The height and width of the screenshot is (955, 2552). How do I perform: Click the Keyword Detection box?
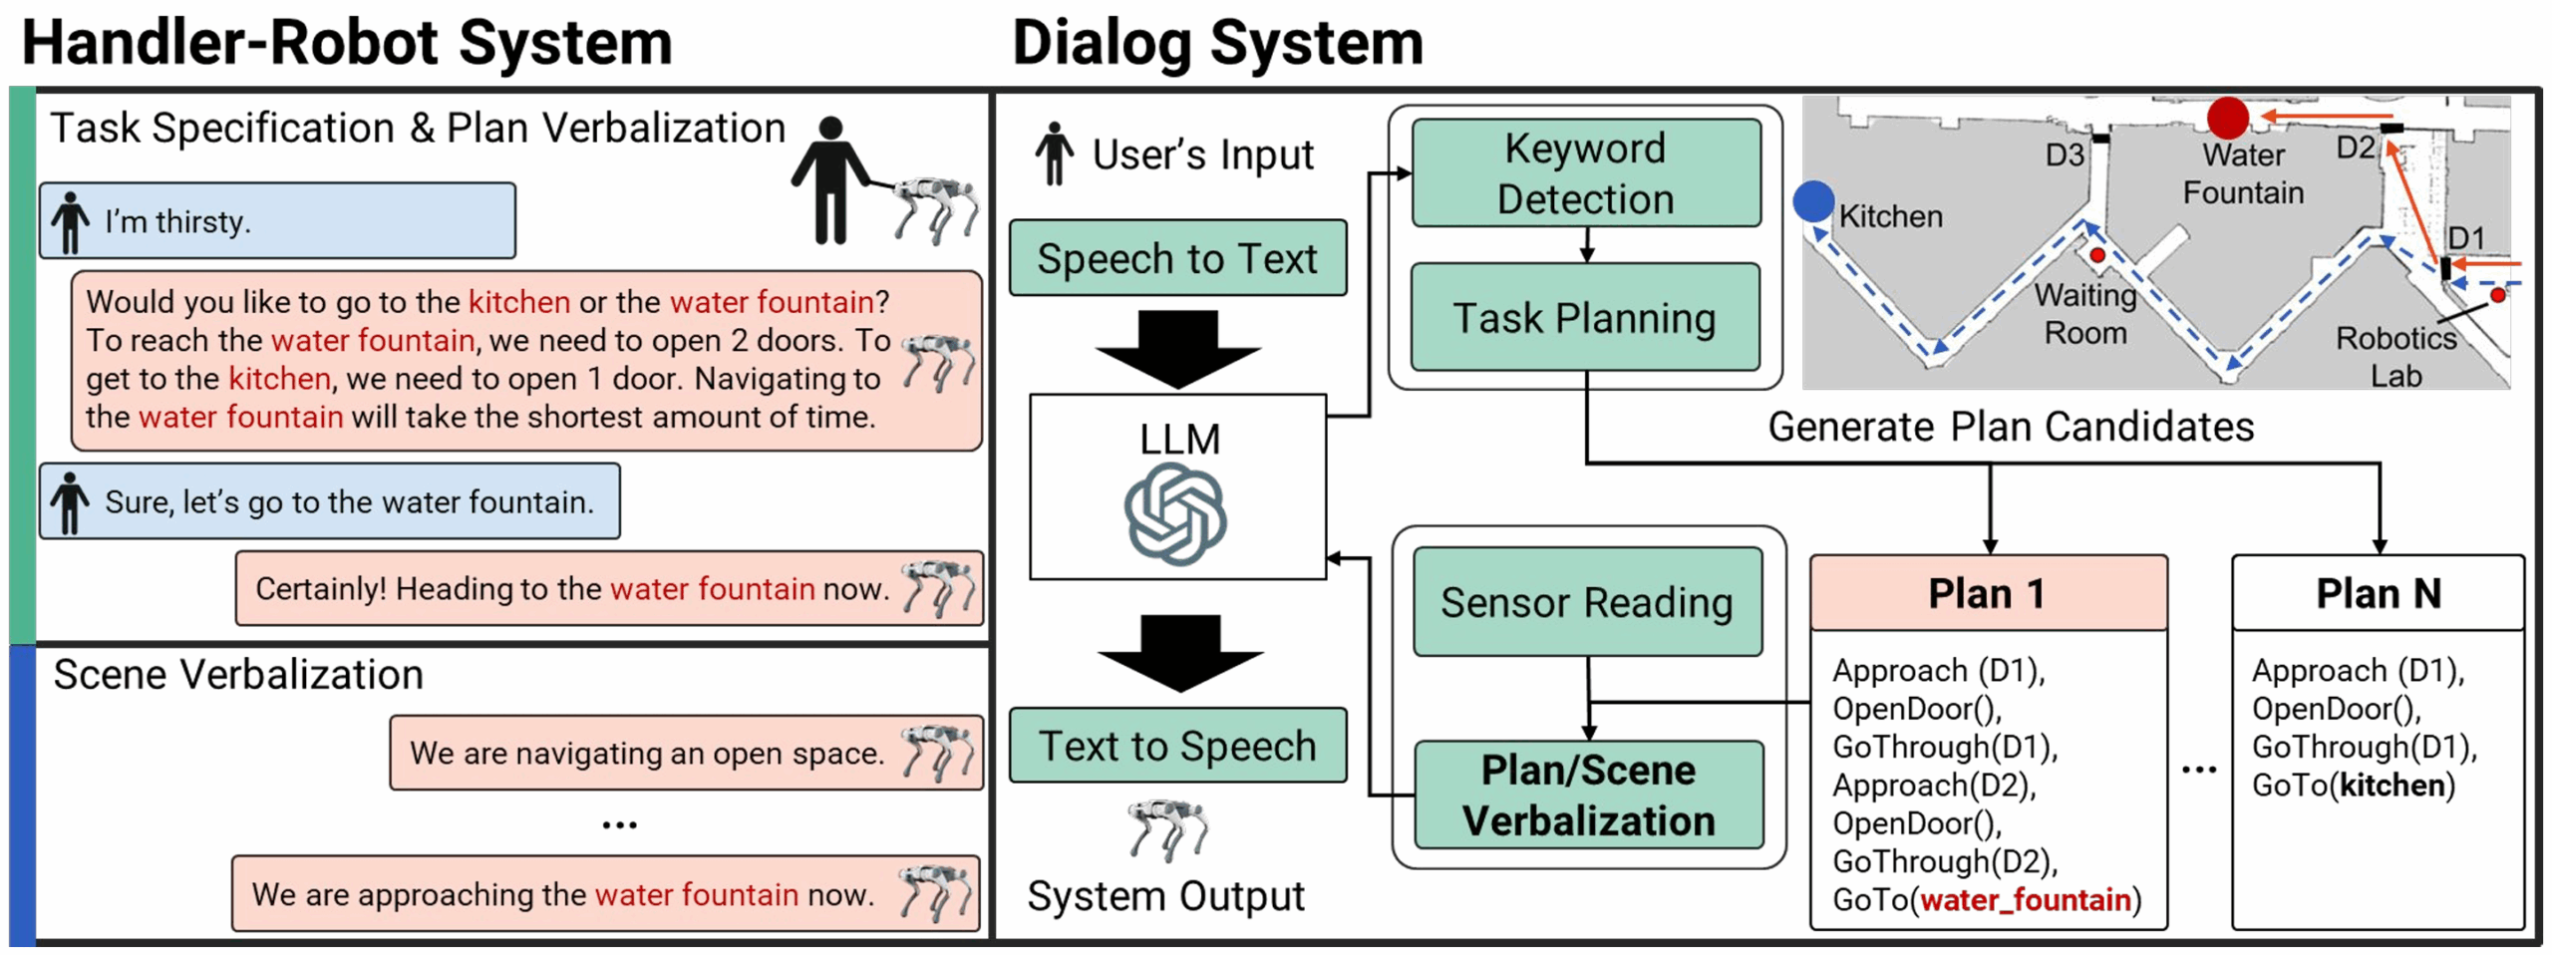(1584, 173)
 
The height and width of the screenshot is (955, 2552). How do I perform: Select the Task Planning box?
(1584, 318)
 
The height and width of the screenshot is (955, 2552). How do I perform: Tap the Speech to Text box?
(1176, 258)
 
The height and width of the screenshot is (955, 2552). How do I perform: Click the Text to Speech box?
(1176, 746)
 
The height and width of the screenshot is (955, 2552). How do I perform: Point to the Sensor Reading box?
(1586, 602)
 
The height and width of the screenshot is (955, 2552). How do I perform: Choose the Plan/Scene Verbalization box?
(1587, 795)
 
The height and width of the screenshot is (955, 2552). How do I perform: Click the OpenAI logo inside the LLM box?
(1175, 516)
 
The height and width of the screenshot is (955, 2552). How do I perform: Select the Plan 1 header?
(1987, 593)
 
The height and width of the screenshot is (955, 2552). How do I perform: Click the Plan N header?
(2377, 593)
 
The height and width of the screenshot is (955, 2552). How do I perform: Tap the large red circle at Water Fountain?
(2226, 118)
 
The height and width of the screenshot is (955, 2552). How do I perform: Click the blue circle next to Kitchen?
(1812, 201)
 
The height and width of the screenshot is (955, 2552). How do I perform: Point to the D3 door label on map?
(2064, 156)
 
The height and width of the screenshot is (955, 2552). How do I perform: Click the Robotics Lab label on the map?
(2394, 357)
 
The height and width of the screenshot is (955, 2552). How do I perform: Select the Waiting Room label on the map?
(2084, 314)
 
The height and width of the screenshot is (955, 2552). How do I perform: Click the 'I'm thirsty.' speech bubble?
(277, 221)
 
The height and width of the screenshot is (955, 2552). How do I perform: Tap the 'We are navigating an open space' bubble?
(686, 753)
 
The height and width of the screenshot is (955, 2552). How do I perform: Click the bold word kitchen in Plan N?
(2392, 786)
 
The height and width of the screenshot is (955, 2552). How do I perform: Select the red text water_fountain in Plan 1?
(2025, 900)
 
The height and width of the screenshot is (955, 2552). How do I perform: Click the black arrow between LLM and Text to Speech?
(1179, 654)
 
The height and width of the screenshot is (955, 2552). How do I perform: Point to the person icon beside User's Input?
(1053, 155)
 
